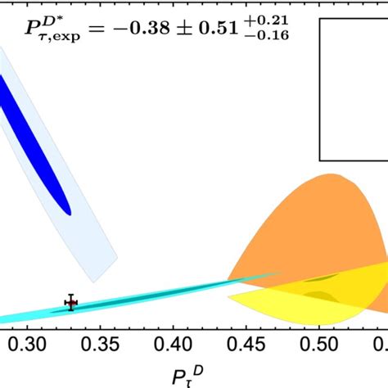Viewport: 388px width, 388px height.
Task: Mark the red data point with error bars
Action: point(71,304)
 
